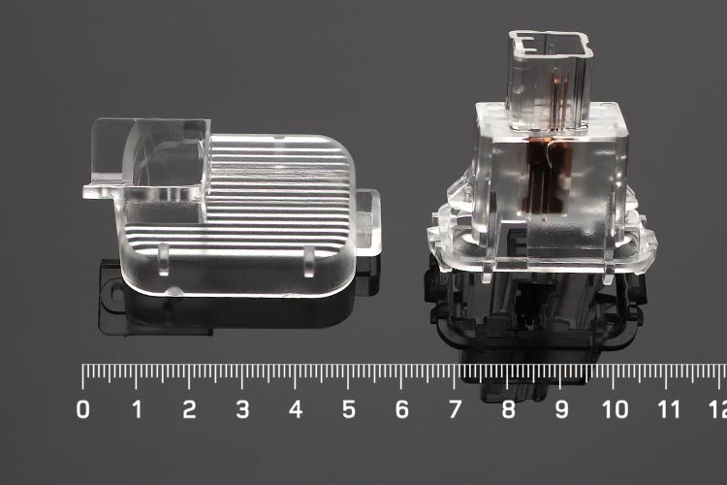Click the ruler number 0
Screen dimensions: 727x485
pos(83,409)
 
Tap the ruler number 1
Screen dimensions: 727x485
pos(137,409)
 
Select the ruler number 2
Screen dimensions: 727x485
pos(189,409)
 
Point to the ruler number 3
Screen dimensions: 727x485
pos(242,409)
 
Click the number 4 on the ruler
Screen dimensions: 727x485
pos(296,409)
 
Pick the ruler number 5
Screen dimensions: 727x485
pos(349,409)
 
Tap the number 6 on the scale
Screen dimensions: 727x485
pos(402,409)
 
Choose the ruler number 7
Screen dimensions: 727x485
pos(456,409)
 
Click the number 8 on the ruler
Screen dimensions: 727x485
pos(509,409)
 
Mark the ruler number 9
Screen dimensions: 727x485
pos(562,409)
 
